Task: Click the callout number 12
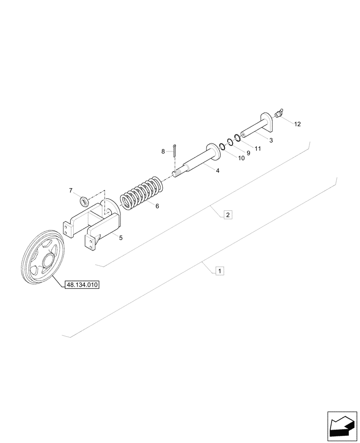tap(297, 124)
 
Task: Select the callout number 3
tap(270, 140)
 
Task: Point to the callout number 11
tap(258, 148)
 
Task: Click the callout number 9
tap(248, 153)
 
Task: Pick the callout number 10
tap(241, 158)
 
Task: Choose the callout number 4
tap(217, 170)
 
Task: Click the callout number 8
tap(163, 152)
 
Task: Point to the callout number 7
tap(71, 190)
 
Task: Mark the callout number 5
tap(121, 238)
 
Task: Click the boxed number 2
tap(227, 215)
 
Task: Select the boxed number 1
tap(219, 270)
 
